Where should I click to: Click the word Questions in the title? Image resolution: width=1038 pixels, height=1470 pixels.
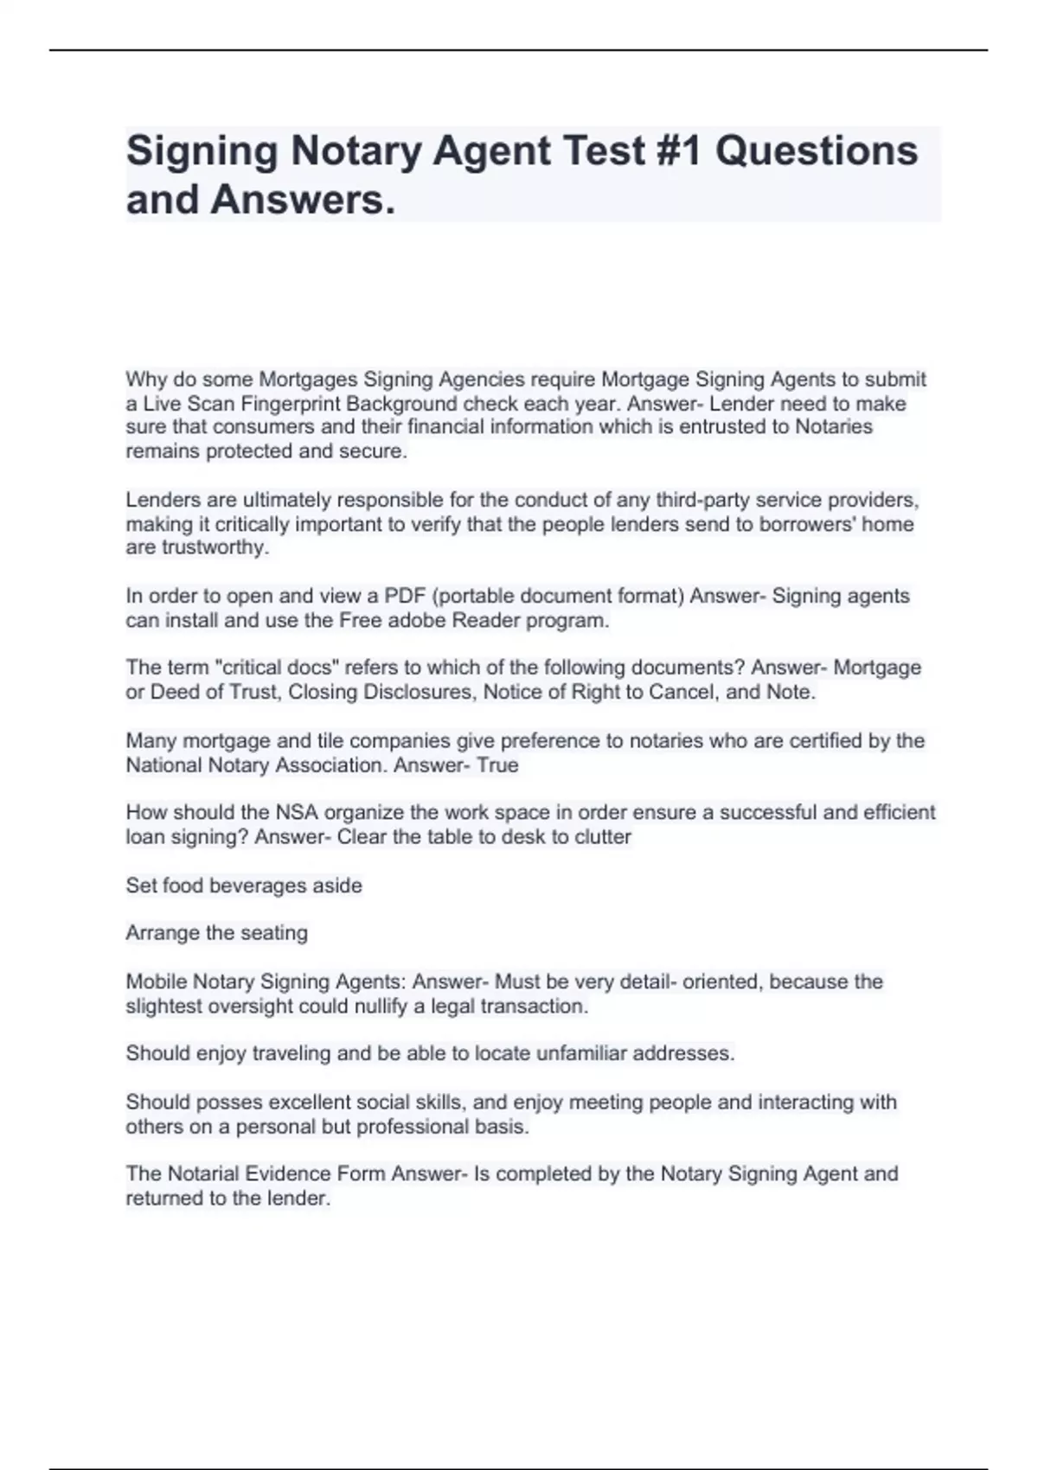coord(816,151)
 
